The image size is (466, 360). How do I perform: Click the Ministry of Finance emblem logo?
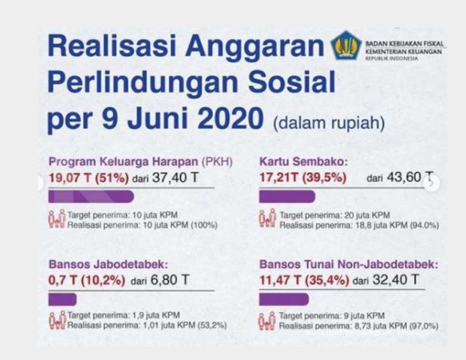346,46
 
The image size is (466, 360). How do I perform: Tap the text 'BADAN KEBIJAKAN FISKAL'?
404,43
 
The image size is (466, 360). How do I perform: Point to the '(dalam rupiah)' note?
329,123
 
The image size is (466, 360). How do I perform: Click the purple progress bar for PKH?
91,197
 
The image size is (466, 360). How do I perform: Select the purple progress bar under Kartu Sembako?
287,197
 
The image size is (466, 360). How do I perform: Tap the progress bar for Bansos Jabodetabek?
62,299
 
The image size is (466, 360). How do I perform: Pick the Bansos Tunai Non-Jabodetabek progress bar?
284,299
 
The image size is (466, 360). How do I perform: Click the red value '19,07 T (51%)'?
88,178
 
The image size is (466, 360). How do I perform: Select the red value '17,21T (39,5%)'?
303,177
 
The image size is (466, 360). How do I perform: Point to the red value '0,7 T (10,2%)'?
87,281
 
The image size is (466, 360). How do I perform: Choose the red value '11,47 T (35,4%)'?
304,281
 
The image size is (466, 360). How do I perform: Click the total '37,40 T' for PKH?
175,178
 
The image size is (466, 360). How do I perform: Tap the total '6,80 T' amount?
170,280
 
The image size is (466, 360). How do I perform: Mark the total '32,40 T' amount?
396,280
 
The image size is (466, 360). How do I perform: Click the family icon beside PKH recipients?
57,219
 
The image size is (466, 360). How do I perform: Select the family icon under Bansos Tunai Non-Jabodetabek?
267,321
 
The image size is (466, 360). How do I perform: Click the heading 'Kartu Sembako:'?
303,162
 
